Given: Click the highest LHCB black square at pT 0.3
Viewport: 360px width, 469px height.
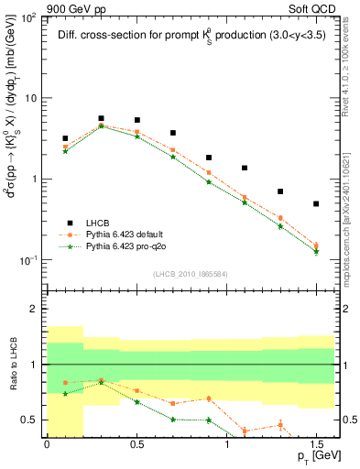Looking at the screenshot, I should click(x=101, y=118).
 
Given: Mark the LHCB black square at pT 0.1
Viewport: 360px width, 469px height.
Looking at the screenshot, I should click(x=65, y=138).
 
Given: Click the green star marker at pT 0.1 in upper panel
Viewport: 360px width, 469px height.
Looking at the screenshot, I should click(x=65, y=151).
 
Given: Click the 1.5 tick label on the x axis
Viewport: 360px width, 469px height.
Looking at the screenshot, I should click(x=315, y=442).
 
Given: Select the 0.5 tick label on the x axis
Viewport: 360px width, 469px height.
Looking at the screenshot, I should click(x=136, y=442).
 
